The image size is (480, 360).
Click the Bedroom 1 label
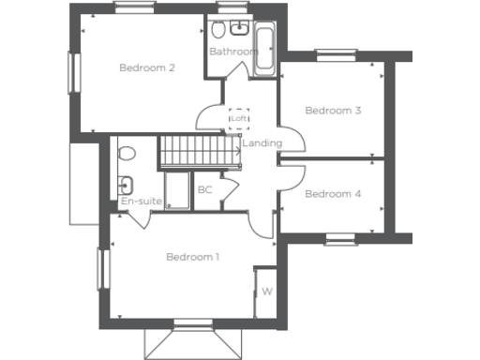(x=192, y=257)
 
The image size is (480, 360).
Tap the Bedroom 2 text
(x=147, y=67)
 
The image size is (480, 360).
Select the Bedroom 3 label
(x=333, y=111)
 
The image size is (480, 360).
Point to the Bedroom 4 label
(x=333, y=194)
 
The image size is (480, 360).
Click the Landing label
(x=261, y=142)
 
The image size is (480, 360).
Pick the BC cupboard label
(x=204, y=190)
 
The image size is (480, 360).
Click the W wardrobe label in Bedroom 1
(x=266, y=292)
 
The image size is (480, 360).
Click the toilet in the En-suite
(x=127, y=153)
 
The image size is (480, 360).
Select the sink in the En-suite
(x=126, y=184)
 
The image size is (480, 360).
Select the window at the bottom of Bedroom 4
(x=341, y=239)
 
